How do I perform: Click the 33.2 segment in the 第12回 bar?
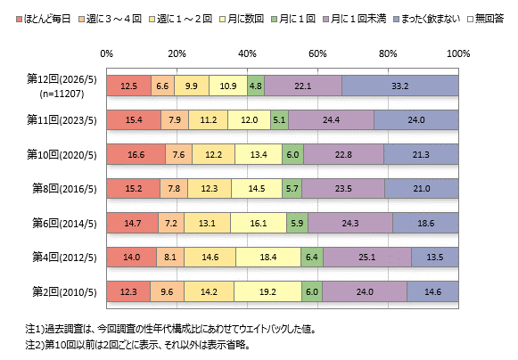tap(400, 86)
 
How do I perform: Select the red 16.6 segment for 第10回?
tap(136, 154)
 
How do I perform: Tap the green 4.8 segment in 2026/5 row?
tap(256, 86)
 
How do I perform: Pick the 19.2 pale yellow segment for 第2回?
tap(268, 291)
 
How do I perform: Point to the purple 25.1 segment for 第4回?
tap(367, 257)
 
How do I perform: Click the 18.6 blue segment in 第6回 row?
tap(425, 223)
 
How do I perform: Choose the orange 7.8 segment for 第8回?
tap(174, 189)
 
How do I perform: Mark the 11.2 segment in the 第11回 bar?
tap(208, 120)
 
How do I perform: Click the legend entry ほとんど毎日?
tap(44, 19)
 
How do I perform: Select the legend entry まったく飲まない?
tap(427, 19)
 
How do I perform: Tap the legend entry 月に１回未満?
tap(355, 19)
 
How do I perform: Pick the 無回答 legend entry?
tap(486, 19)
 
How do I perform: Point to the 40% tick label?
tap(247, 53)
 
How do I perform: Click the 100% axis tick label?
tap(458, 53)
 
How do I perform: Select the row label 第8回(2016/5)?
tap(64, 189)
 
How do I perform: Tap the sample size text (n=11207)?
tap(62, 94)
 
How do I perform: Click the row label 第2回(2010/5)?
tap(64, 292)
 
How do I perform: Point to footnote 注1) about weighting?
tap(171, 329)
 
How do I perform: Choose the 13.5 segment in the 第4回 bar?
tap(435, 257)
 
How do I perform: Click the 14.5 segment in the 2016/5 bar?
tap(257, 189)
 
